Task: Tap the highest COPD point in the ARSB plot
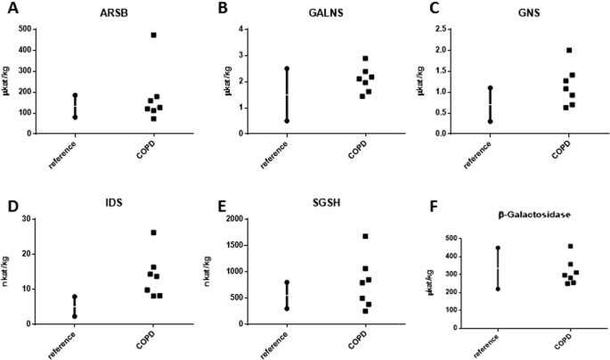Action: point(154,36)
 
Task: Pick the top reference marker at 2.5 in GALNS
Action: point(287,68)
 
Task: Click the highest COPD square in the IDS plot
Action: point(154,233)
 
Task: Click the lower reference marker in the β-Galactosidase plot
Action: point(499,289)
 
